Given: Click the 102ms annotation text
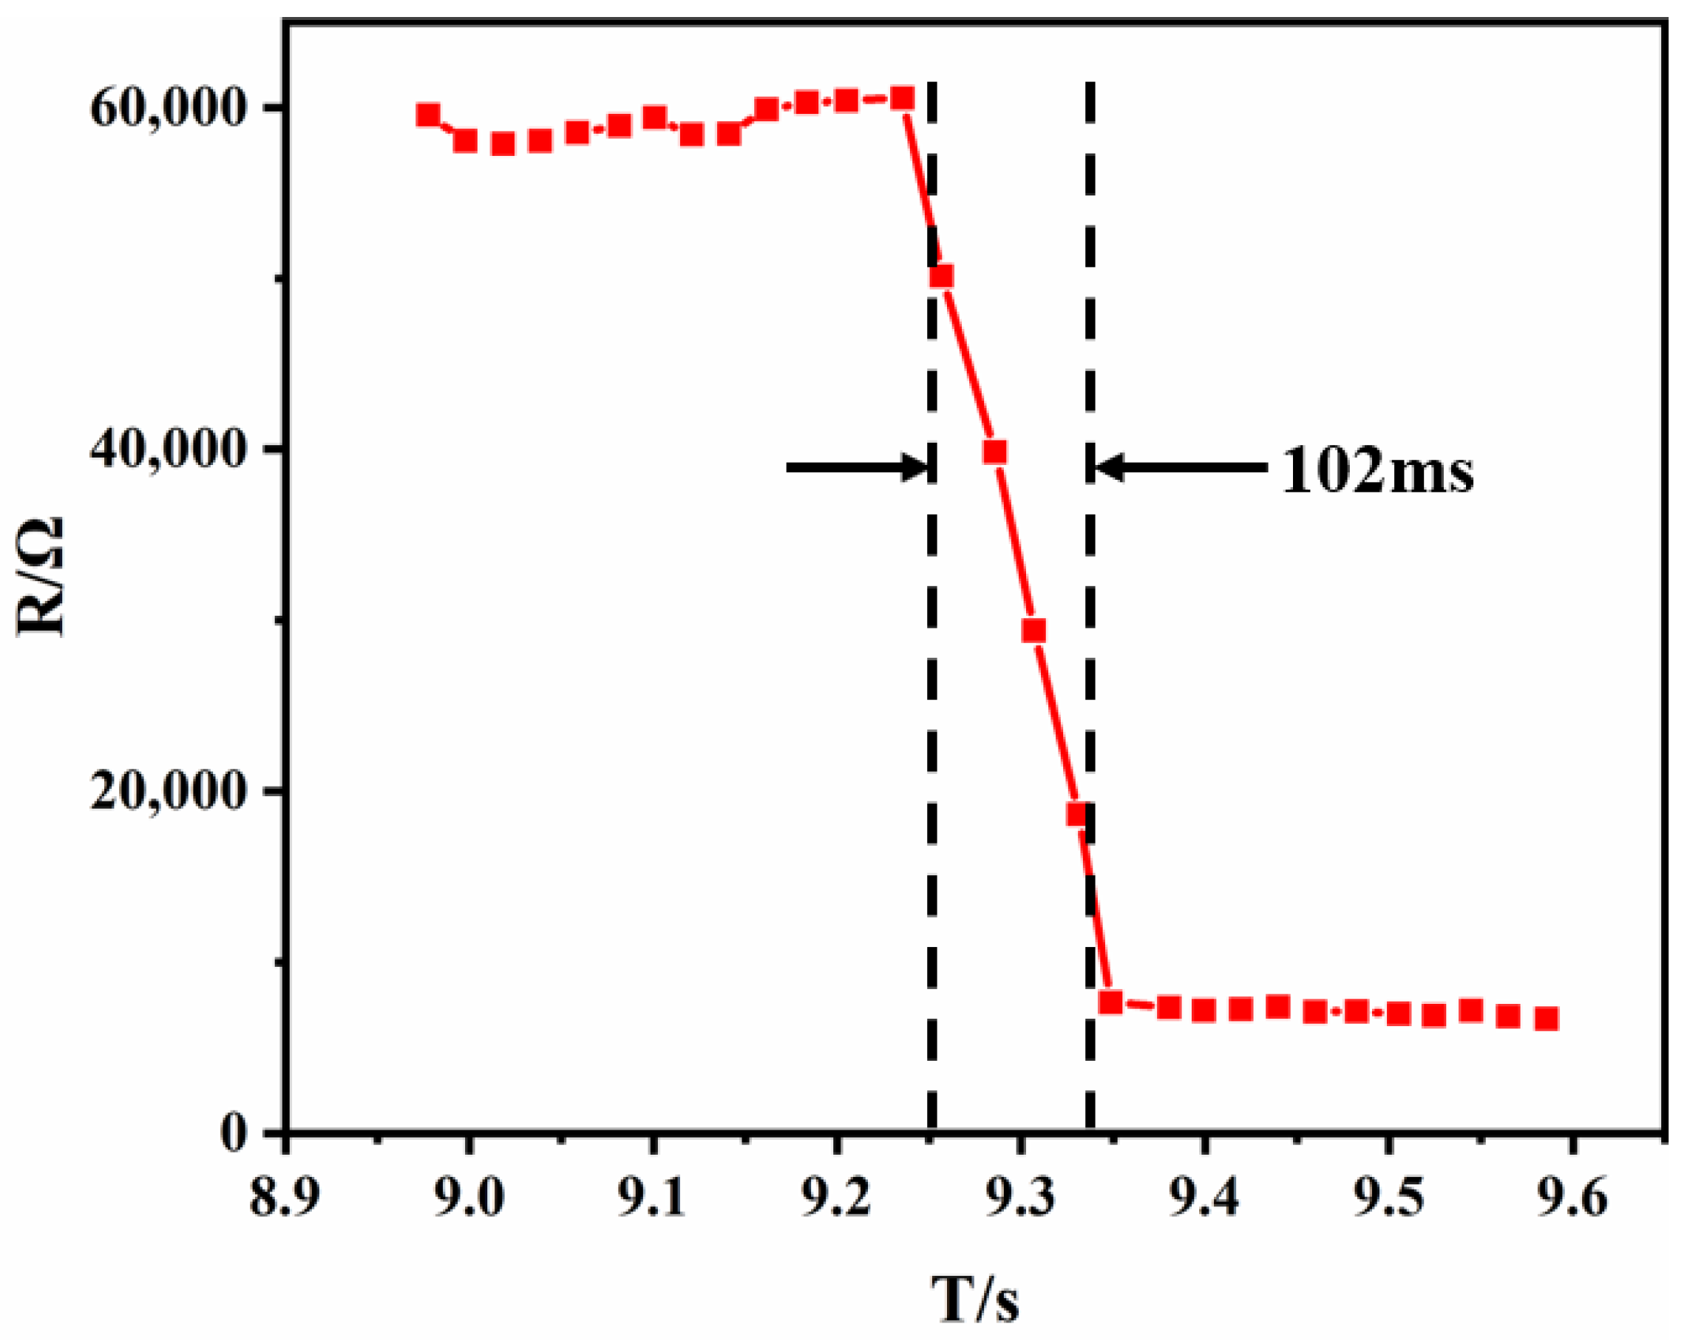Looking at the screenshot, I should click(x=1377, y=472).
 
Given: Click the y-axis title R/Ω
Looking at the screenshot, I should click(x=41, y=577).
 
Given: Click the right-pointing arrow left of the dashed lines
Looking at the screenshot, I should click(x=858, y=468).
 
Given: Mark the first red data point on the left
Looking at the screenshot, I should click(x=428, y=115).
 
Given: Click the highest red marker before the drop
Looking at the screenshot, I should click(x=903, y=98).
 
